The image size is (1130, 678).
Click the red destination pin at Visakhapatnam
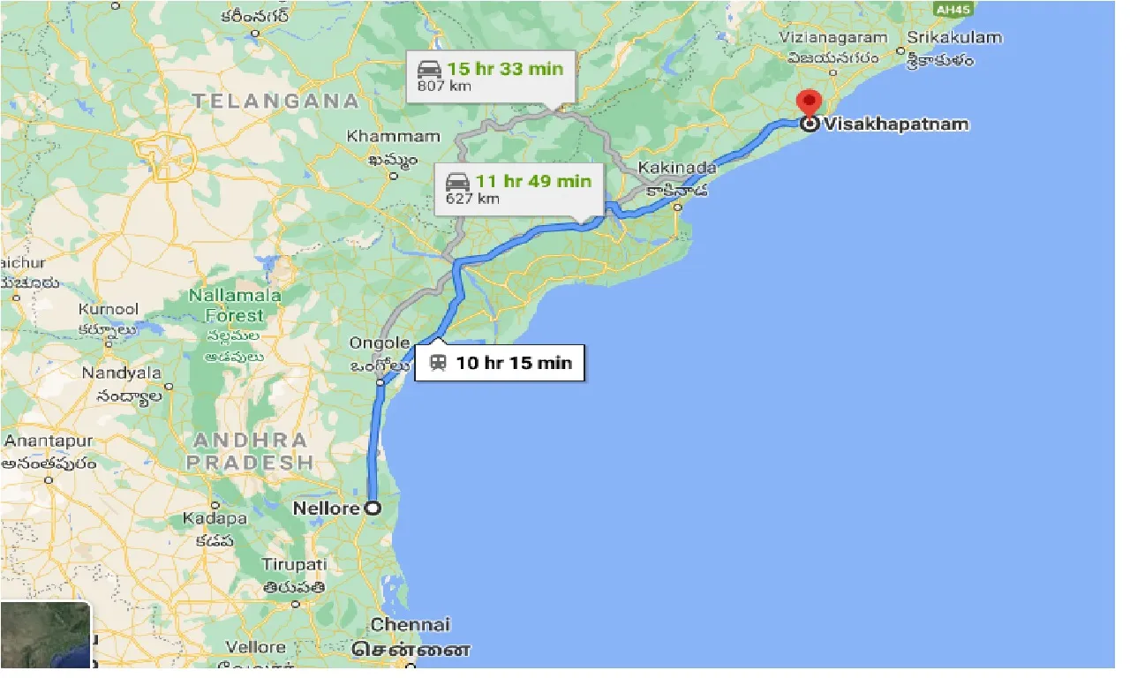click(808, 103)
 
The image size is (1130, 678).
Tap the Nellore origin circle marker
click(373, 508)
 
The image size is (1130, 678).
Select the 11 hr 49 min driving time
click(533, 182)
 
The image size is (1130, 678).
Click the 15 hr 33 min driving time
click(504, 69)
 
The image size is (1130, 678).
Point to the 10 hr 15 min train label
click(514, 363)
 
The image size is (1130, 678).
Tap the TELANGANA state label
click(275, 101)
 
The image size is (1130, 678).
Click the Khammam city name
click(393, 137)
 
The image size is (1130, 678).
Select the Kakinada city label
click(677, 167)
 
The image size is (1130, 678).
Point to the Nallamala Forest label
click(235, 305)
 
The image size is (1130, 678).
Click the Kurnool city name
click(109, 310)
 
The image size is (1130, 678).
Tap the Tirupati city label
click(294, 564)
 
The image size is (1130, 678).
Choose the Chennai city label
click(410, 625)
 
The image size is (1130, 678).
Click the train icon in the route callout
click(437, 363)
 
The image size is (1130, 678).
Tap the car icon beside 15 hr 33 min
click(429, 69)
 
